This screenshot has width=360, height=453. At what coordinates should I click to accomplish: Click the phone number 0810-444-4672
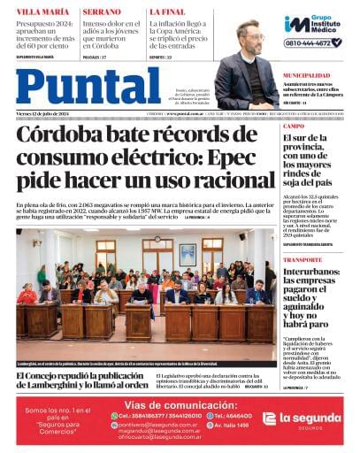tap(313, 42)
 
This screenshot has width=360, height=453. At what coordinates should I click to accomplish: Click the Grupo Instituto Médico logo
tap(313, 24)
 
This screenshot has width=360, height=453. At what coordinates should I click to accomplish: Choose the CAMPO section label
tap(295, 127)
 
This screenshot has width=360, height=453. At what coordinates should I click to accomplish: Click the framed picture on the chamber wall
tap(188, 254)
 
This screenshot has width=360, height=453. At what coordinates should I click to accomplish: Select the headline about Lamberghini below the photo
tap(81, 381)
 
